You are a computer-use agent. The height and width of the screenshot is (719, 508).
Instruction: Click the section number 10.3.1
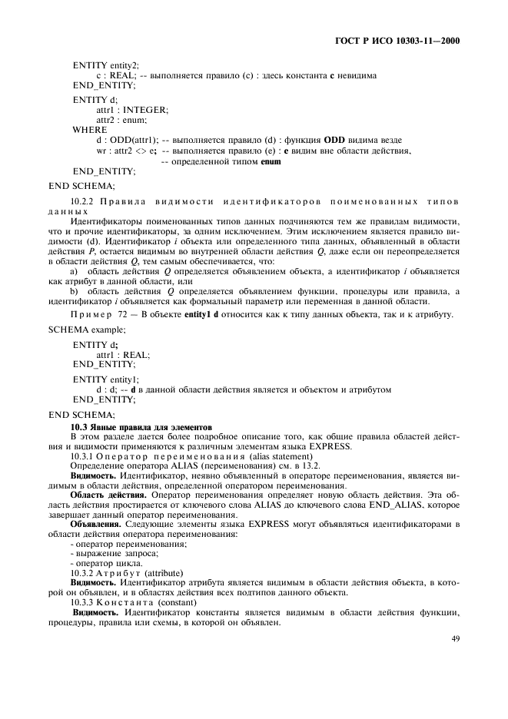[x=86, y=456]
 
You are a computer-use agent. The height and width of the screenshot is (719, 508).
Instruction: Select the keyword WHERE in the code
[x=90, y=130]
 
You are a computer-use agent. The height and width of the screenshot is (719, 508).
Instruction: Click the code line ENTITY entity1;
[x=106, y=379]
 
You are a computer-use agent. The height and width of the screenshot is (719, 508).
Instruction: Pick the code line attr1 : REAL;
[x=123, y=355]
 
